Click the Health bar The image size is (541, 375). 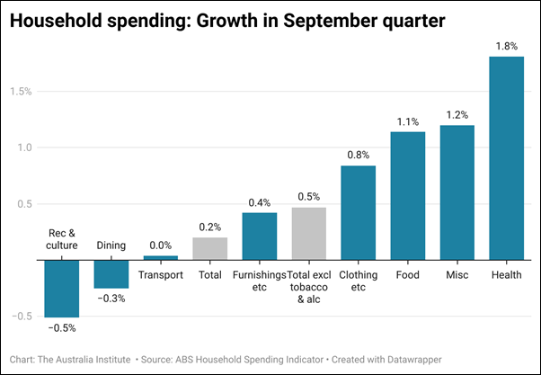[506, 158]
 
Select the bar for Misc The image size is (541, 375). [457, 192]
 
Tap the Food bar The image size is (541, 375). [407, 195]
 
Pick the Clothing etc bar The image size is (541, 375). [359, 212]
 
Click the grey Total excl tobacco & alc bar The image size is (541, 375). [309, 233]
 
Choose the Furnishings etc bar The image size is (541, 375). [260, 236]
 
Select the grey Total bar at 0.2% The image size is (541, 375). [210, 248]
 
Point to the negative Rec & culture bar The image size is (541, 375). [62, 288]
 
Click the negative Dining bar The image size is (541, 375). [111, 273]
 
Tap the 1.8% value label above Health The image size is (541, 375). [506, 46]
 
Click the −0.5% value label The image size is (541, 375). [62, 327]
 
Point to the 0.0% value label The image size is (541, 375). [161, 245]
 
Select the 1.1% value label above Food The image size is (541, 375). [407, 121]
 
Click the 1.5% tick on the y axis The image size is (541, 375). [21, 91]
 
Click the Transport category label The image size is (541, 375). [161, 275]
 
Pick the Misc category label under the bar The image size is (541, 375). [457, 275]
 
